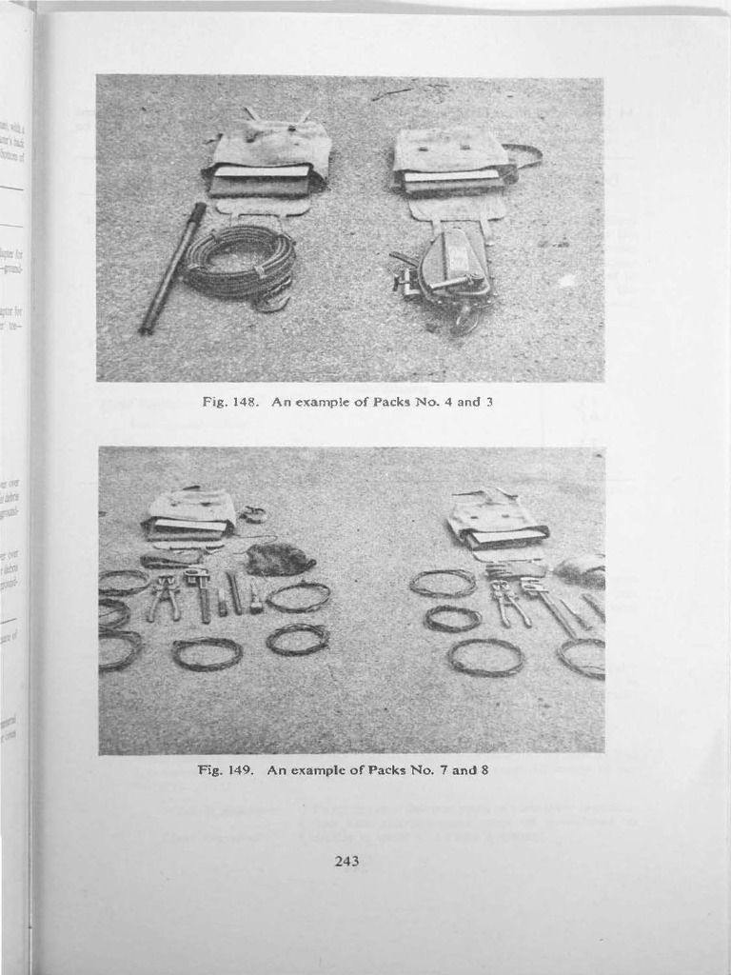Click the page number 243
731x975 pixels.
(346, 862)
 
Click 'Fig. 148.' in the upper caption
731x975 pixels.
(227, 402)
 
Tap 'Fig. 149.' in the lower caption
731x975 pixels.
(224, 769)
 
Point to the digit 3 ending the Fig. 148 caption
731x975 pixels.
(488, 402)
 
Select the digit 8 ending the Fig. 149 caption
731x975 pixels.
(484, 769)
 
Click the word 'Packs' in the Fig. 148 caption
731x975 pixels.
(396, 402)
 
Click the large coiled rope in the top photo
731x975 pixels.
(240, 260)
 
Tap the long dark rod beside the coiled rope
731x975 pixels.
(172, 268)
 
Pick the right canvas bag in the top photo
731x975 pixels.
(452, 161)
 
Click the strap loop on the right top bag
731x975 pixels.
(524, 155)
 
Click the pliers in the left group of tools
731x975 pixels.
(165, 596)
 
